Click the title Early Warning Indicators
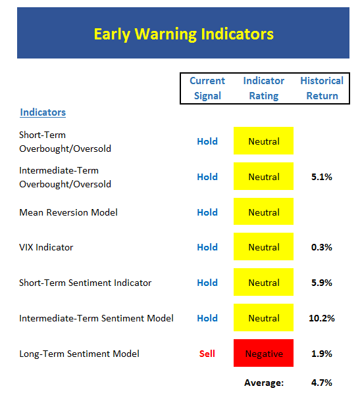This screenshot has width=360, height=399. coord(184,34)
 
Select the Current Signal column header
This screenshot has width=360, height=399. coord(207,88)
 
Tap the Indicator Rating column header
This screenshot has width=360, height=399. coord(264,88)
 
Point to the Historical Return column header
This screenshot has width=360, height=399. coord(322,88)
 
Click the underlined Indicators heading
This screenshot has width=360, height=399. coord(43,112)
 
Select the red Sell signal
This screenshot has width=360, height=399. coord(207,354)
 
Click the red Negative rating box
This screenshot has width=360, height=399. coord(263,353)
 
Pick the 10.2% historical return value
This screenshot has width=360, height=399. coord(322,318)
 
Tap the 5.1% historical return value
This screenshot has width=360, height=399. coord(322,177)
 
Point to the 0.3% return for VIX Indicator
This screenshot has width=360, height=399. coord(322,247)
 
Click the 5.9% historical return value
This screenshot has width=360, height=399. coord(322,283)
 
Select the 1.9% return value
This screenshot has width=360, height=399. coord(322,354)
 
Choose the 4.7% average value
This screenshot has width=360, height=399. coord(322,383)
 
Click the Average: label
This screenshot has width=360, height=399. coord(264,383)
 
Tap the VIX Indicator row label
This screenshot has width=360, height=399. coord(46,247)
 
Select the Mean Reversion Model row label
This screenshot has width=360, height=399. coord(68,212)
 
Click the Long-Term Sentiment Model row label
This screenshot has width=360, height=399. coord(79,354)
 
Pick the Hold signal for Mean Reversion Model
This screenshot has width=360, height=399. coord(207,212)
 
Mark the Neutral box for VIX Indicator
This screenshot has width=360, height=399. coord(263,246)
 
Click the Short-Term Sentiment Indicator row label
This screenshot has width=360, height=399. coord(86,283)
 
